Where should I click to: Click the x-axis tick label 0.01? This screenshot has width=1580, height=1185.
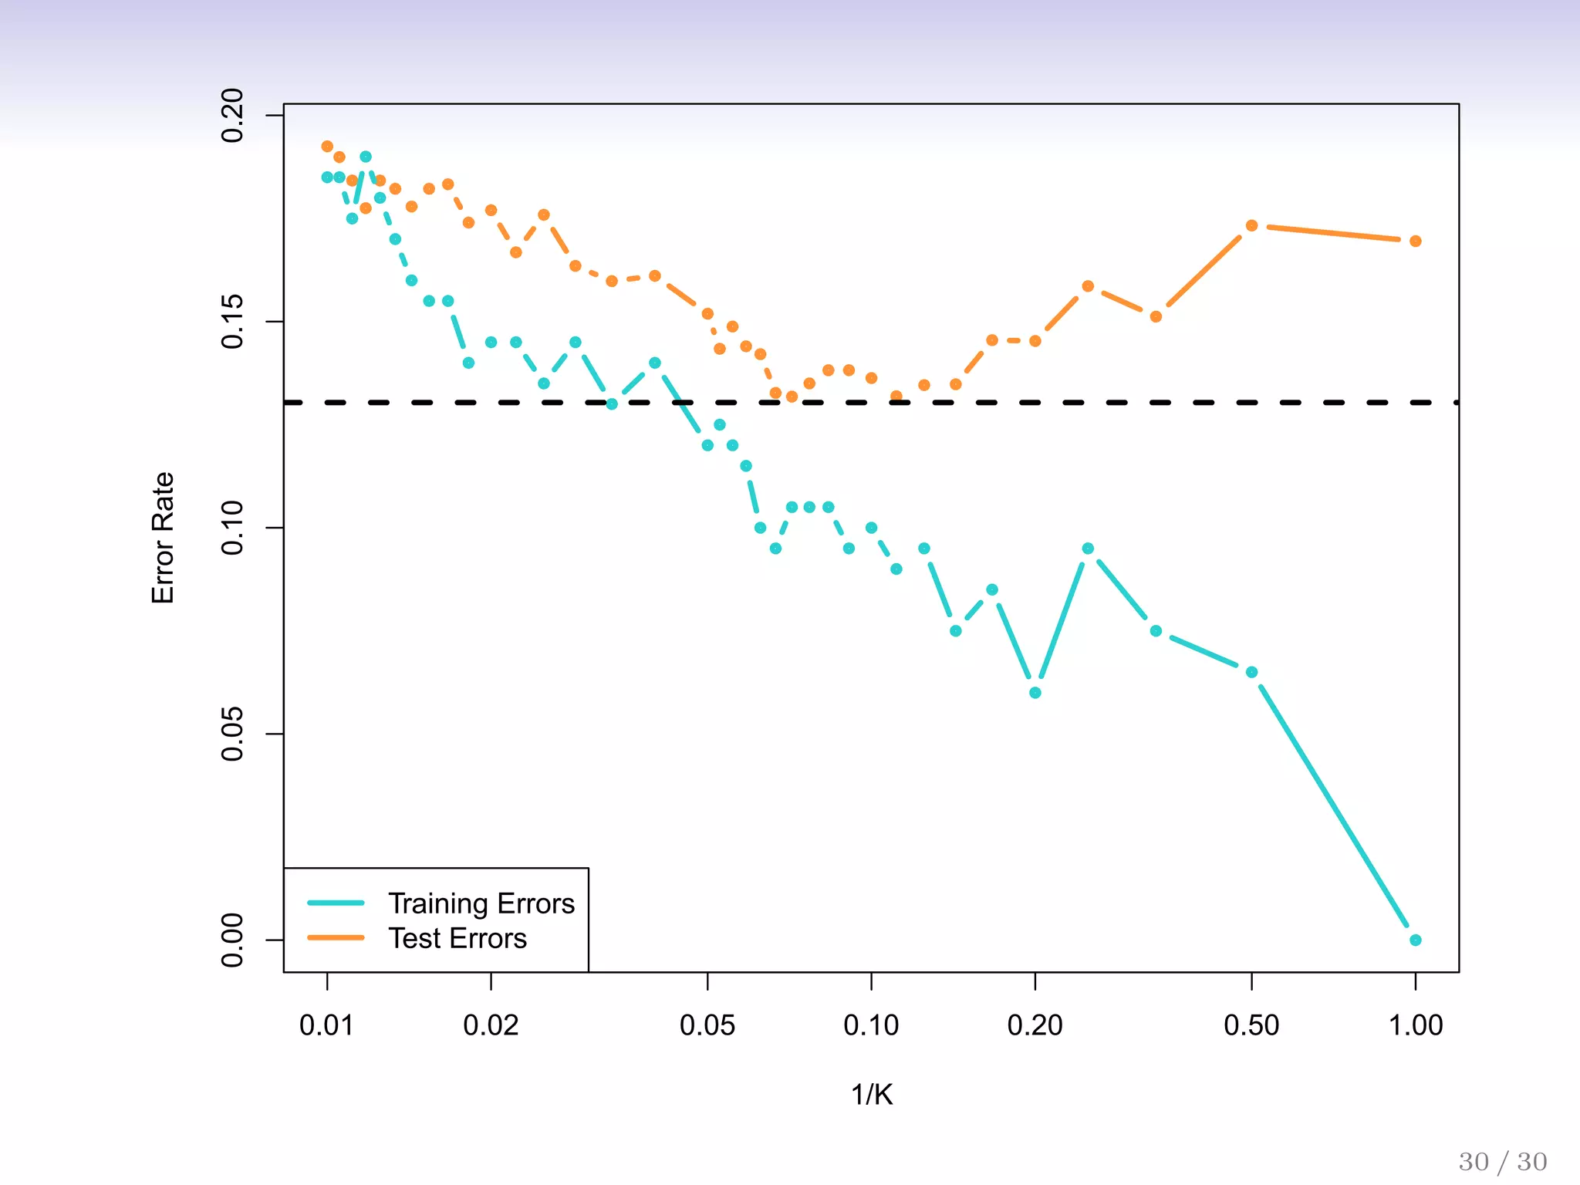click(x=326, y=1026)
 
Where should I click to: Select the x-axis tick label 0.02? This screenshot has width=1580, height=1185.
click(x=491, y=1026)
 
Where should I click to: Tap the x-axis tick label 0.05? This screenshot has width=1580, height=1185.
click(x=707, y=1026)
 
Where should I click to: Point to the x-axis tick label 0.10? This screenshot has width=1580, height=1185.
click(x=871, y=1026)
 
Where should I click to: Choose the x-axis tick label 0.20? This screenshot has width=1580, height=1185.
click(x=1035, y=1026)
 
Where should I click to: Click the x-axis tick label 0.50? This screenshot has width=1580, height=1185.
click(x=1251, y=1026)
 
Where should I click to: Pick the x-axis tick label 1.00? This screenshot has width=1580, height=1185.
click(x=1415, y=1026)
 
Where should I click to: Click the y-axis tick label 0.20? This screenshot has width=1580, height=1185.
click(x=232, y=116)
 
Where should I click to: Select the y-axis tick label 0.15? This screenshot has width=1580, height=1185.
click(x=232, y=322)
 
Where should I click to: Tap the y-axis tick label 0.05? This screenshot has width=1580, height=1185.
click(x=232, y=734)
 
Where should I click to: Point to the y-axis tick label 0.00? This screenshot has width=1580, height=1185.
click(x=232, y=940)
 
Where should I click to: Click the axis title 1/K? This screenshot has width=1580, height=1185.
click(x=872, y=1095)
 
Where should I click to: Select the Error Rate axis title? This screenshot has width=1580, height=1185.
click(x=163, y=538)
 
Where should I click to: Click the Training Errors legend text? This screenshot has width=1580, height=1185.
click(x=481, y=903)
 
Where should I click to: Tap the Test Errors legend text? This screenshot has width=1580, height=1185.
click(x=457, y=938)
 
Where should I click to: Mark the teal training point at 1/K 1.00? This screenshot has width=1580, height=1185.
click(x=1415, y=940)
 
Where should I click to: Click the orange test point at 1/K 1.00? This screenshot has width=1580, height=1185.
click(x=1415, y=241)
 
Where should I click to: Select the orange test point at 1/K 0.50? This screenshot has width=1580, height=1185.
click(x=1251, y=225)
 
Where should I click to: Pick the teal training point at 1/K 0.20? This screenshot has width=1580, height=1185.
click(x=1035, y=693)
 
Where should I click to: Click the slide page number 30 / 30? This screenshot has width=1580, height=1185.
click(x=1502, y=1162)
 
